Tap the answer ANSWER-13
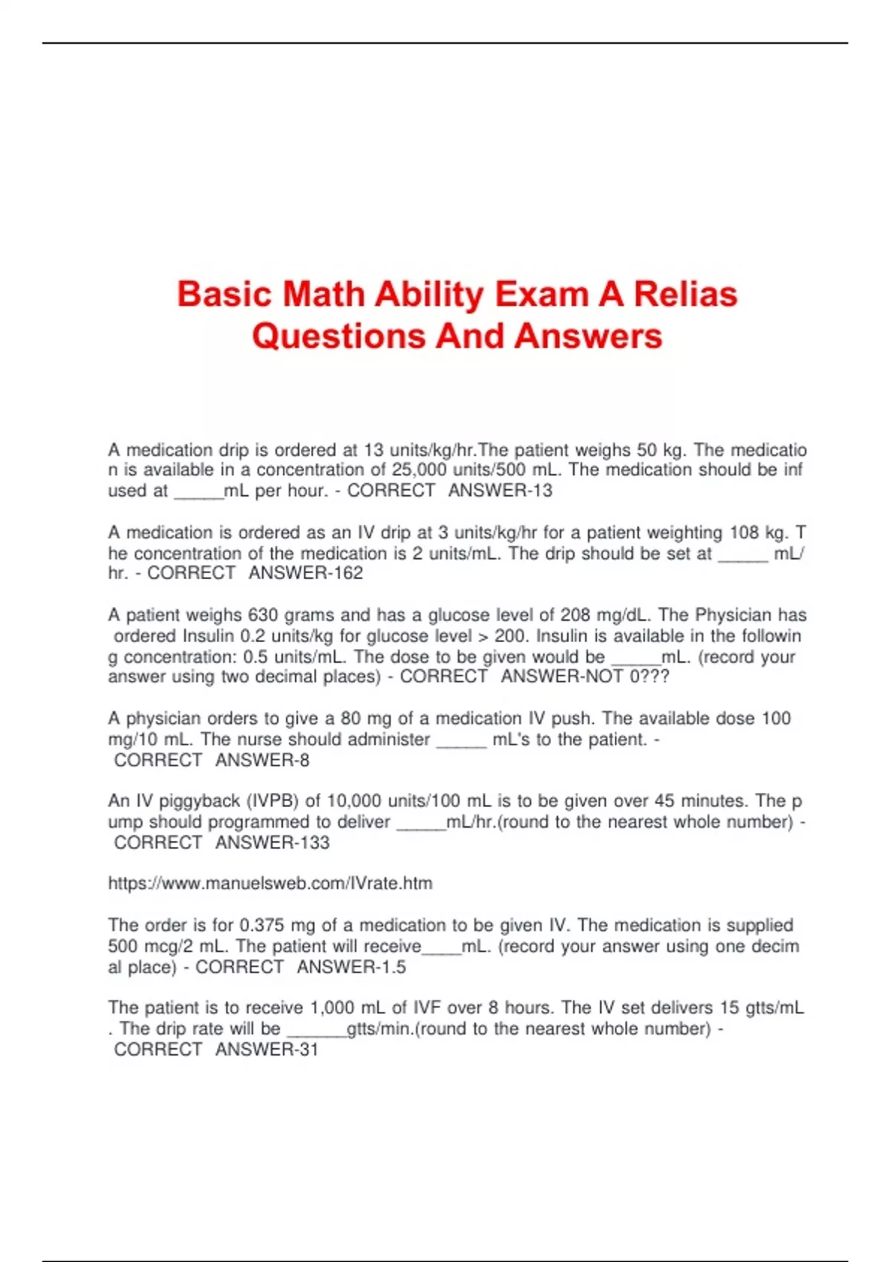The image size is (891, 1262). (500, 491)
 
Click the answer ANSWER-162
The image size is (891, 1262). (305, 573)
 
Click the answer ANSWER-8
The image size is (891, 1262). (262, 760)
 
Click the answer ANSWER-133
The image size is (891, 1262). (272, 843)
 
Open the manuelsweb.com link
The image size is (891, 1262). (270, 883)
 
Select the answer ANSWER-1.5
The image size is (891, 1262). (351, 967)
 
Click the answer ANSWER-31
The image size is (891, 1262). (266, 1050)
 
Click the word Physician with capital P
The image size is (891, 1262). (733, 615)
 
